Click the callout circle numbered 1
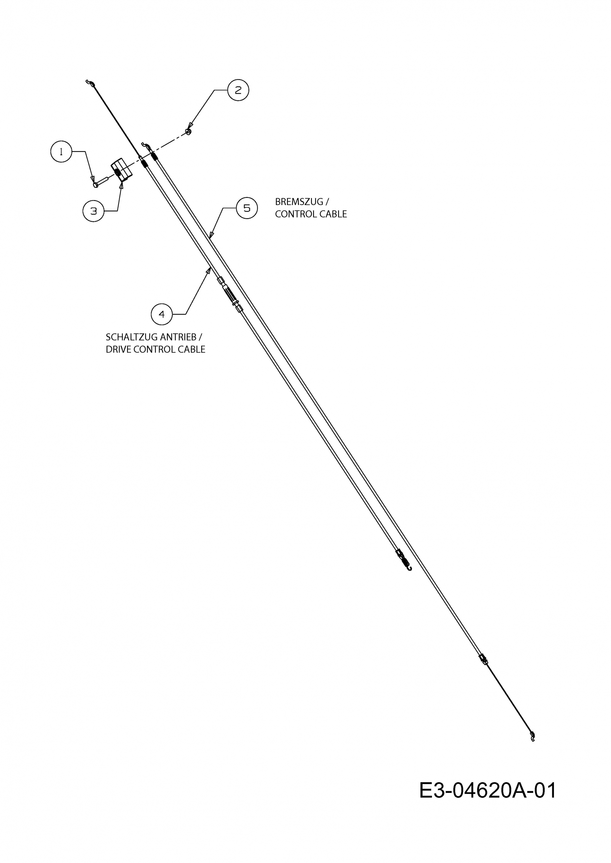[61, 152]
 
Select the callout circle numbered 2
[238, 90]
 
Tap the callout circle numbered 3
[93, 211]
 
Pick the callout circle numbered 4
[162, 314]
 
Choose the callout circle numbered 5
[247, 208]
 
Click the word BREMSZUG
[299, 202]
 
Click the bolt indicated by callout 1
[101, 182]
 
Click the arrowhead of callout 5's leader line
[211, 235]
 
